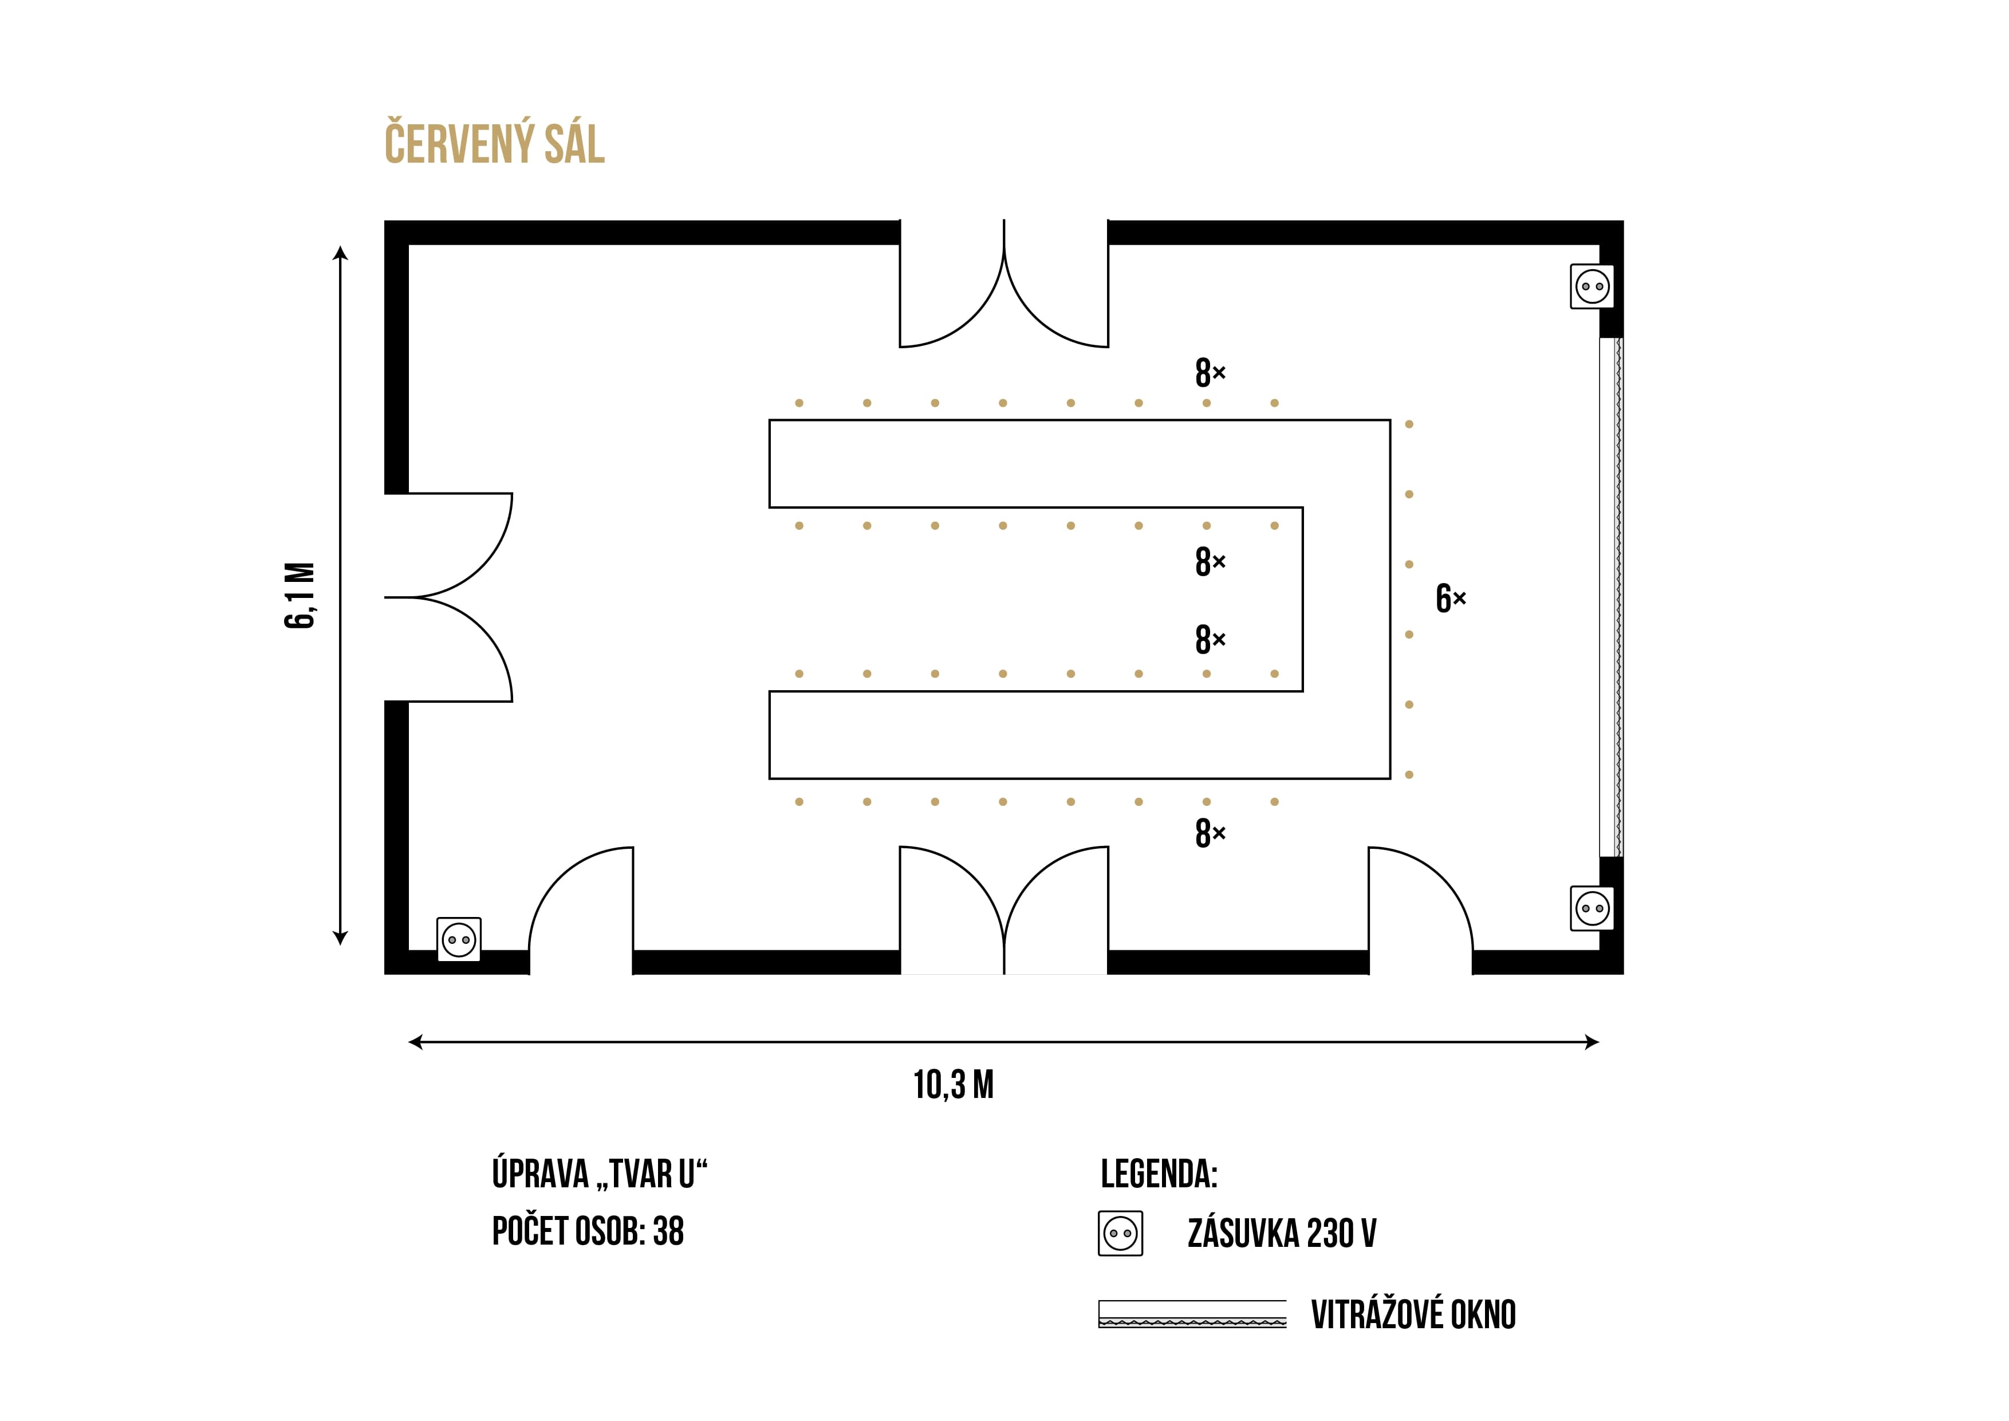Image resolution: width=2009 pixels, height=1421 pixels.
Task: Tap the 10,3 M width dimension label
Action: [x=954, y=1085]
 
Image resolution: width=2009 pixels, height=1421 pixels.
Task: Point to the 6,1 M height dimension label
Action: [x=300, y=595]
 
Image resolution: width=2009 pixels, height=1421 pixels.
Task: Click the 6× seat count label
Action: [x=1451, y=599]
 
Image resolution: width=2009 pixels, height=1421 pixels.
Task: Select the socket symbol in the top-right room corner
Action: [x=1593, y=286]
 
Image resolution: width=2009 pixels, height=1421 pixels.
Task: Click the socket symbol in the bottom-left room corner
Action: [x=459, y=940]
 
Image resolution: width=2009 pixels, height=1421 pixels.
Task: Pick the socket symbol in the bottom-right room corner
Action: [x=1593, y=908]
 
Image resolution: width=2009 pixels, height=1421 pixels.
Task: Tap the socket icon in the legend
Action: [x=1121, y=1234]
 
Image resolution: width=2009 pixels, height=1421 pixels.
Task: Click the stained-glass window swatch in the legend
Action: [x=1192, y=1314]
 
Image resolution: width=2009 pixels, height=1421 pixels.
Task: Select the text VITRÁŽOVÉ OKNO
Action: [x=1413, y=1314]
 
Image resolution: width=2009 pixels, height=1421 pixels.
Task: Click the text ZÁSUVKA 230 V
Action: [x=1282, y=1234]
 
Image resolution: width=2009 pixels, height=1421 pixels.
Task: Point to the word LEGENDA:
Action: [x=1159, y=1174]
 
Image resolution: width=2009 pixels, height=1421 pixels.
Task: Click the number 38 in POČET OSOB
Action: [x=668, y=1231]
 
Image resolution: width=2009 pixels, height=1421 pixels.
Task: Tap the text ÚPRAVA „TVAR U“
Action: [x=600, y=1174]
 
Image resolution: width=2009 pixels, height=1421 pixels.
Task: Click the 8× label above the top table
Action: [x=1210, y=373]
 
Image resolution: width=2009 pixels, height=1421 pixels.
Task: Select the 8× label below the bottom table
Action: [x=1210, y=833]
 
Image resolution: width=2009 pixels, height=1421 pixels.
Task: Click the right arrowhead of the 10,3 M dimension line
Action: [x=1593, y=1042]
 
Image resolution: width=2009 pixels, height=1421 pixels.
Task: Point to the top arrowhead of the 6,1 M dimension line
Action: [x=340, y=253]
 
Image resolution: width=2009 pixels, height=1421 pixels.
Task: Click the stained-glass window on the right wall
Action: [x=1611, y=597]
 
